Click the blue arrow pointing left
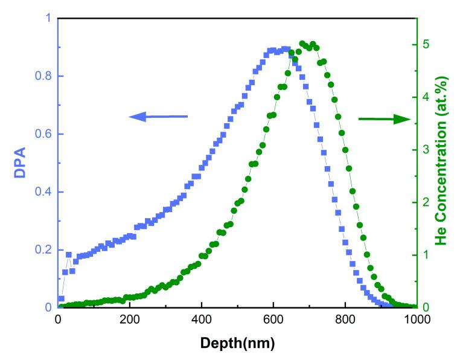coord(158,117)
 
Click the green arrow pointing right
coord(384,119)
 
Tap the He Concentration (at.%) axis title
coord(444,164)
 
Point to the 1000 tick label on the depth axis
coord(415,320)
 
